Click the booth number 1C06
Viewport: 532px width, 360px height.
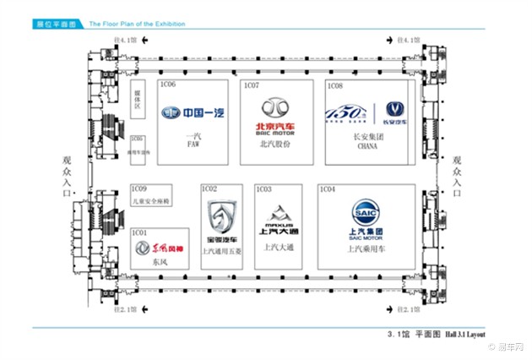168,85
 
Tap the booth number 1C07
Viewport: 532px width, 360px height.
251,85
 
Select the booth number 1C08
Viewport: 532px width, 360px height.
335,85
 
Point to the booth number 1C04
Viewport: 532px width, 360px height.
328,189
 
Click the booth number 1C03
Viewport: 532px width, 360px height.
264,189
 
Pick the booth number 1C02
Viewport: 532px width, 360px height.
210,189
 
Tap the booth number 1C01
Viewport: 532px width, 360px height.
140,232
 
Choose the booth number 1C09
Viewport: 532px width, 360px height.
140,189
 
